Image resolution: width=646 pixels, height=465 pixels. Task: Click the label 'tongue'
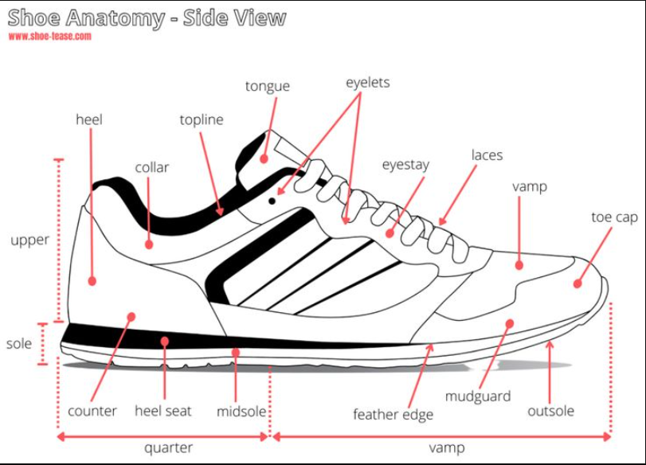(267, 86)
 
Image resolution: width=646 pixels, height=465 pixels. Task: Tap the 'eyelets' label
(367, 82)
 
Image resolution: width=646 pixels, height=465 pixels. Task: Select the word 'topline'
(202, 120)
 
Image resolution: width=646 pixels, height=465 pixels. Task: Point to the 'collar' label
(151, 167)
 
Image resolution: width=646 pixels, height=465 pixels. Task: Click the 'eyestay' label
(405, 165)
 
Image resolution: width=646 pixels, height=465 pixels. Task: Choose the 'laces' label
(487, 154)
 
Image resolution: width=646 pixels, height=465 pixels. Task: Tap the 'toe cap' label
(614, 217)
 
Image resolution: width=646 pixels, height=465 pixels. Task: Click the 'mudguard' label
(478, 396)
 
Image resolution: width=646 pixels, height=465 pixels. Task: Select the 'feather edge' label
(393, 414)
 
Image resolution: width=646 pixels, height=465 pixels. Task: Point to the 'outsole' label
(550, 411)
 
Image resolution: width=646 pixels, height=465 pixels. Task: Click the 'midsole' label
(241, 412)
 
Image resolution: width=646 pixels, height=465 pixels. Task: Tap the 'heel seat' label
(163, 411)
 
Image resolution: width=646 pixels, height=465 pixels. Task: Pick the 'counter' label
(92, 411)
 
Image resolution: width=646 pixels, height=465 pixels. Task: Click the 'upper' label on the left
(30, 240)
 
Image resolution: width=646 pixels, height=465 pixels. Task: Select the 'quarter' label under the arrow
(168, 447)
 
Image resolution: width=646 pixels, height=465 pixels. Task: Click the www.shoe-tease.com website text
(49, 36)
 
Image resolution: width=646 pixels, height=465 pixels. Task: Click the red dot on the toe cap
(577, 283)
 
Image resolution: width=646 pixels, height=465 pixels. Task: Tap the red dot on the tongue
(264, 158)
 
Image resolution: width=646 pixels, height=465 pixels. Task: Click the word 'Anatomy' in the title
(120, 18)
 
